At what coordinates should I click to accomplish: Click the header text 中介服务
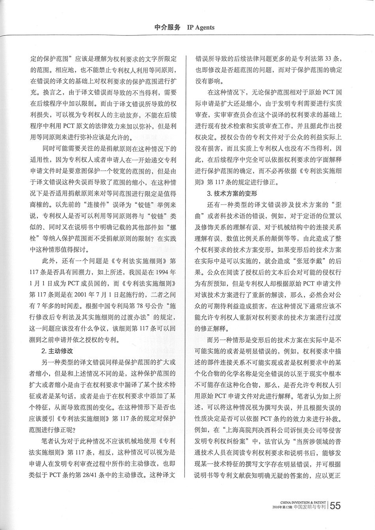click(167, 27)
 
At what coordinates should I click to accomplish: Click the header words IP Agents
click(201, 27)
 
